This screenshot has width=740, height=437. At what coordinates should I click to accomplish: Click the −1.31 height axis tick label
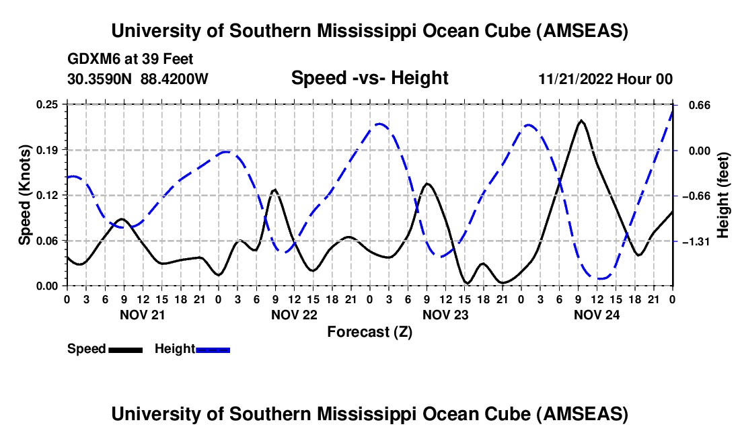point(695,241)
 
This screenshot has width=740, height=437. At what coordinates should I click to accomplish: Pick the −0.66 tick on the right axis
point(695,196)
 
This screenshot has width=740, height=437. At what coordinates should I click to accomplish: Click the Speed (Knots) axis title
point(25,194)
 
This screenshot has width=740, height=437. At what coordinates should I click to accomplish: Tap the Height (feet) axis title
point(724,195)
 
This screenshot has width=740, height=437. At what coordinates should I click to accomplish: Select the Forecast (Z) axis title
point(369,331)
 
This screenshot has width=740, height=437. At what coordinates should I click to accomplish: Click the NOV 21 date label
point(142,314)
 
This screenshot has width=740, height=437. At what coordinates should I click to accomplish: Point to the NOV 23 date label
point(445,314)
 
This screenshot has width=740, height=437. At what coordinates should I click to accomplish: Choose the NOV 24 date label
point(597,314)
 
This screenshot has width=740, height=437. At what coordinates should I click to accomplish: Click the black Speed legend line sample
point(125,349)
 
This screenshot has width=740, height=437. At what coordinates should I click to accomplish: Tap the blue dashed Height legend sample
point(213,349)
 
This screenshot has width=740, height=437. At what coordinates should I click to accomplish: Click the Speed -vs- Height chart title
point(369,78)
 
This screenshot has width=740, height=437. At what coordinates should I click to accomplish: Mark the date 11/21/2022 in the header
point(575,79)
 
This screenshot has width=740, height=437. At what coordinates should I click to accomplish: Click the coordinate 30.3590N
point(101,79)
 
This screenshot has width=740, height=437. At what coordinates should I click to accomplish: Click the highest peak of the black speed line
point(581,120)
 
